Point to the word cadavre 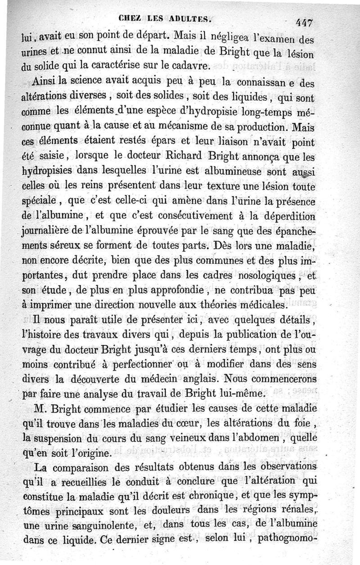[x=189, y=66]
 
